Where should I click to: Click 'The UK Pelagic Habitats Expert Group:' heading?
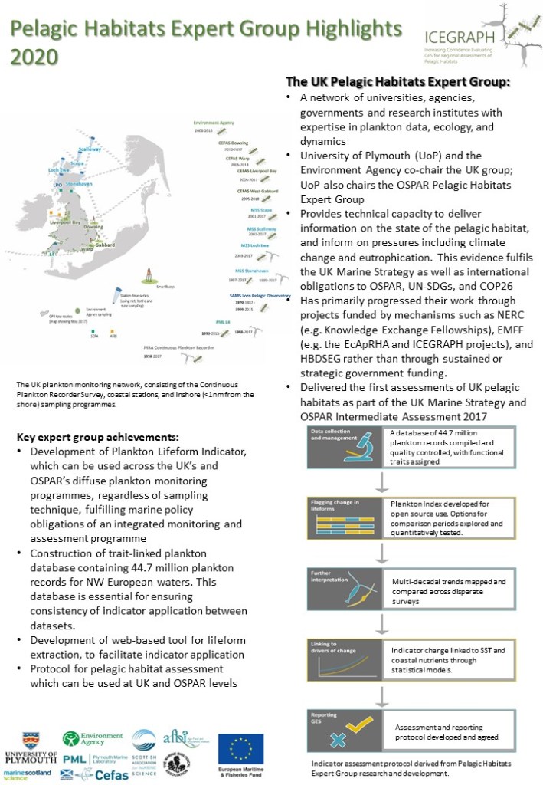pyautogui.click(x=397, y=81)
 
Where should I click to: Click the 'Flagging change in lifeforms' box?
pyautogui.click(x=331, y=517)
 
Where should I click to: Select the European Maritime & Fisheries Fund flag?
pyautogui.click(x=240, y=749)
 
